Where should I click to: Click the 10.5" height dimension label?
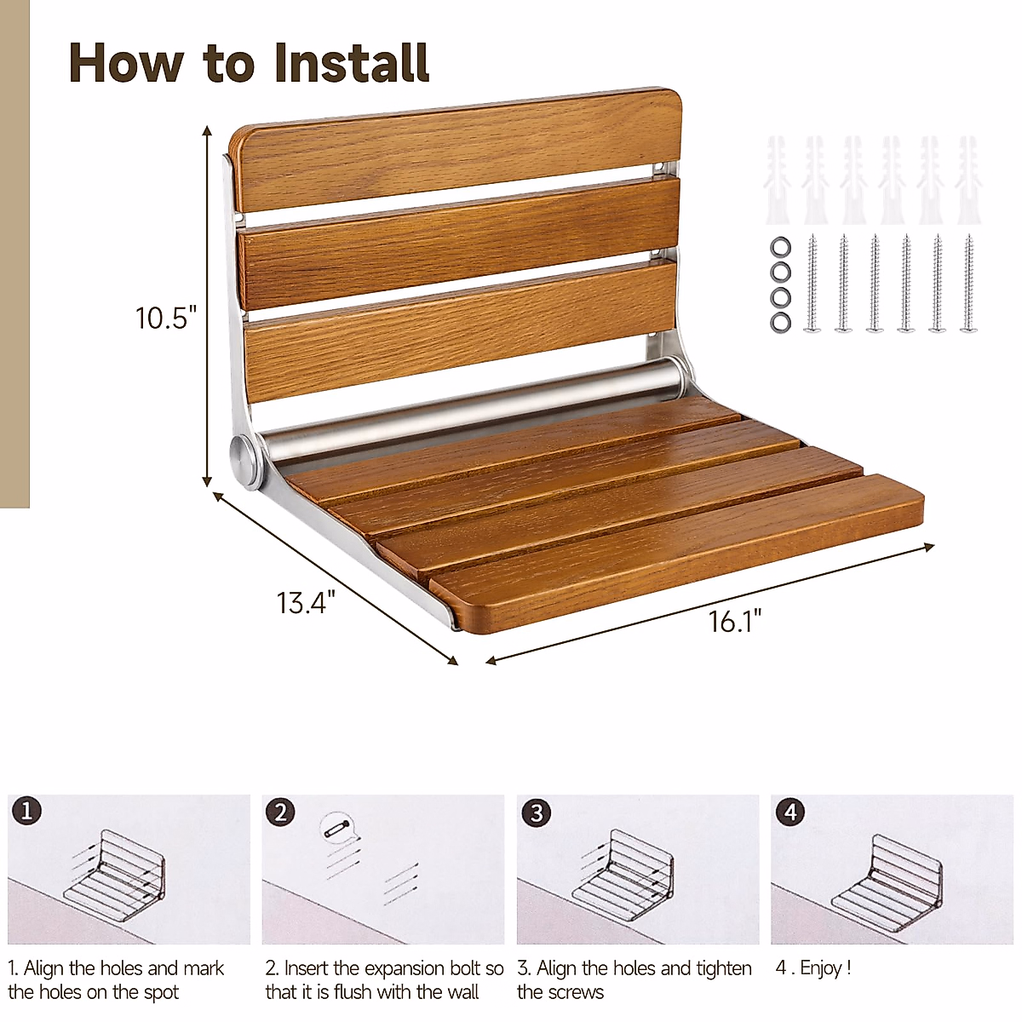165,318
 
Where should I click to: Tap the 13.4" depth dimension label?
306,602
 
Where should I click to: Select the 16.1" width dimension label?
735,621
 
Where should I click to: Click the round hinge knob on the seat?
243,455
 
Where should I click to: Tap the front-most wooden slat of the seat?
676,554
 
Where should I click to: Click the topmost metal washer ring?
780,247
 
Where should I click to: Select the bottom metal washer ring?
780,322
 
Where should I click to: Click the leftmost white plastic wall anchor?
777,180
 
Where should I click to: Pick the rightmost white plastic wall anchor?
968,180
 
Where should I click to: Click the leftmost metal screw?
812,284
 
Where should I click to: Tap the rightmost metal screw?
968,284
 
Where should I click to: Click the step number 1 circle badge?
27,811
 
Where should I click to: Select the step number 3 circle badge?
537,812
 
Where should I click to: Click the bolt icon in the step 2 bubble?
337,828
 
